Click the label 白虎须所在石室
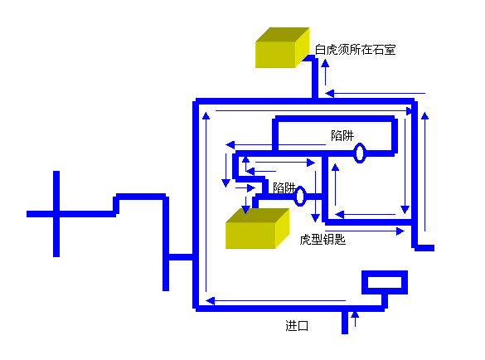point(355,50)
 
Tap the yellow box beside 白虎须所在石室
point(282,47)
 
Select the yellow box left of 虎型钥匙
point(257,228)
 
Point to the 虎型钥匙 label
point(323,239)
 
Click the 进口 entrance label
point(297,326)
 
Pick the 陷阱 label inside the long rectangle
point(342,135)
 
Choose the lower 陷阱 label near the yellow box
point(284,187)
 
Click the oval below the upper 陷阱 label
point(360,153)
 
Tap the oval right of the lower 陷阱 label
point(300,196)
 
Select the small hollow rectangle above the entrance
point(385,282)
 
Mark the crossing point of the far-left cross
point(56,214)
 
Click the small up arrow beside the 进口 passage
point(355,319)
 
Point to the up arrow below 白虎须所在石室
point(325,72)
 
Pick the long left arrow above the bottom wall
point(275,300)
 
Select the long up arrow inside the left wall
point(206,202)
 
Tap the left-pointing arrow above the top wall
point(376,93)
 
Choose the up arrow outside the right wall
point(424,172)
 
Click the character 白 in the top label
point(320,50)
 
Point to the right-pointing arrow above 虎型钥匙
point(365,231)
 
